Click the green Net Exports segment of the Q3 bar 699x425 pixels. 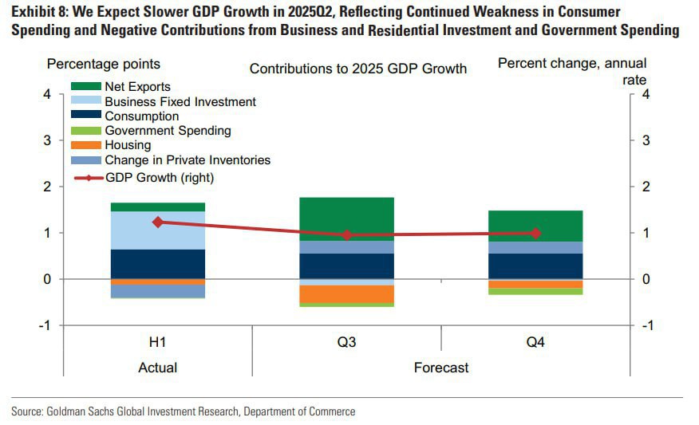(x=346, y=218)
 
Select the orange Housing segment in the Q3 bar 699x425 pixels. (x=346, y=293)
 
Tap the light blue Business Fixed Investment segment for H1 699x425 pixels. (x=158, y=230)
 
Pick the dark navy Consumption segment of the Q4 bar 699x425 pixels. (x=535, y=266)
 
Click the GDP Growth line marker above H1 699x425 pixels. (x=158, y=222)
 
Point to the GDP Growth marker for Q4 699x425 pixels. (x=535, y=233)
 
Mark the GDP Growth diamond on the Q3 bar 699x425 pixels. (x=346, y=235)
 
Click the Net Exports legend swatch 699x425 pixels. (x=86, y=86)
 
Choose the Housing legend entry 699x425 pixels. (x=128, y=145)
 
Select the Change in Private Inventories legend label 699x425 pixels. (x=188, y=160)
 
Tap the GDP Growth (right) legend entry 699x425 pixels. (x=160, y=177)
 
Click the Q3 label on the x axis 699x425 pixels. (x=346, y=343)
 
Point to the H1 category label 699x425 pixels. (x=158, y=343)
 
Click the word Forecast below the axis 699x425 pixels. (x=441, y=368)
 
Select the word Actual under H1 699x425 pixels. (x=158, y=368)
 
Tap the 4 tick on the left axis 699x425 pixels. (x=46, y=94)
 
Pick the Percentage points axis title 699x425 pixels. (x=104, y=64)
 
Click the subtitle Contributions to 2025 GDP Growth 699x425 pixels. (x=358, y=69)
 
